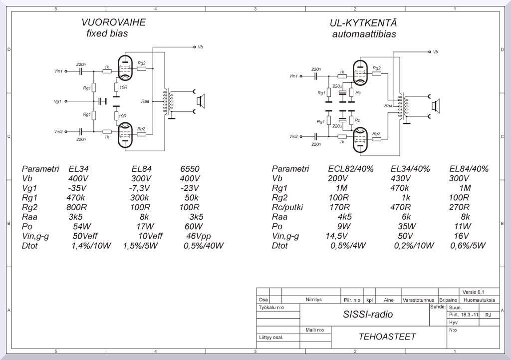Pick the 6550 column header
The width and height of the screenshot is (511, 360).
pyautogui.click(x=190, y=169)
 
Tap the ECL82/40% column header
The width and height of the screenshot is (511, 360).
pyautogui.click(x=350, y=169)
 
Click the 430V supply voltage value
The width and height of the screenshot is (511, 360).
pyautogui.click(x=404, y=179)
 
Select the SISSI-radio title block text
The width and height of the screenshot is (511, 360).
pyautogui.click(x=368, y=315)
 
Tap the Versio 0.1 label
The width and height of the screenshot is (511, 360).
pyautogui.click(x=473, y=292)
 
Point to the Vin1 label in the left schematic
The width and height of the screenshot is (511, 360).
pyautogui.click(x=59, y=71)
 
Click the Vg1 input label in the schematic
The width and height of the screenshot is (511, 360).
pyautogui.click(x=58, y=101)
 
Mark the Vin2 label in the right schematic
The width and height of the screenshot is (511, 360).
pyautogui.click(x=293, y=136)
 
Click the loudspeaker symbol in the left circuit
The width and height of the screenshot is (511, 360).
pyautogui.click(x=200, y=101)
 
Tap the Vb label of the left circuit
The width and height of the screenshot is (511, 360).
pyautogui.click(x=200, y=47)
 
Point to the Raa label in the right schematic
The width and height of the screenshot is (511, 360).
pyautogui.click(x=388, y=106)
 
